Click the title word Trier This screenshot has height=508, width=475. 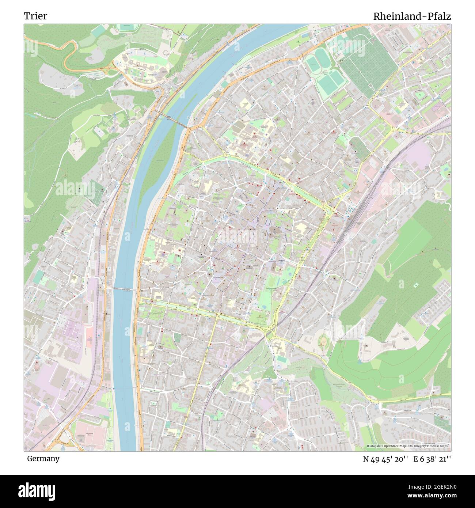point(35,16)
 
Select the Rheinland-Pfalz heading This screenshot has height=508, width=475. point(412,16)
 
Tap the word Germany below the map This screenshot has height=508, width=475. point(43,459)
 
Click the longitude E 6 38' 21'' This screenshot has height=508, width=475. point(432,459)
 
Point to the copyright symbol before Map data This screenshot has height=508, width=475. point(368,446)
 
